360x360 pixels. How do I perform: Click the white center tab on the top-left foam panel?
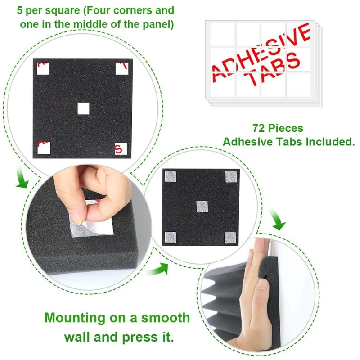[x=84, y=108]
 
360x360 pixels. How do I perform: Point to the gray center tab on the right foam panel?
[x=202, y=207]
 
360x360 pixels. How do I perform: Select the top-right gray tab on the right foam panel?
[x=231, y=177]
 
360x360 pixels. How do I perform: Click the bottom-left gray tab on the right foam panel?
[x=171, y=237]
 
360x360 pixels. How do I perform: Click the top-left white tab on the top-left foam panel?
[x=42, y=68]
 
